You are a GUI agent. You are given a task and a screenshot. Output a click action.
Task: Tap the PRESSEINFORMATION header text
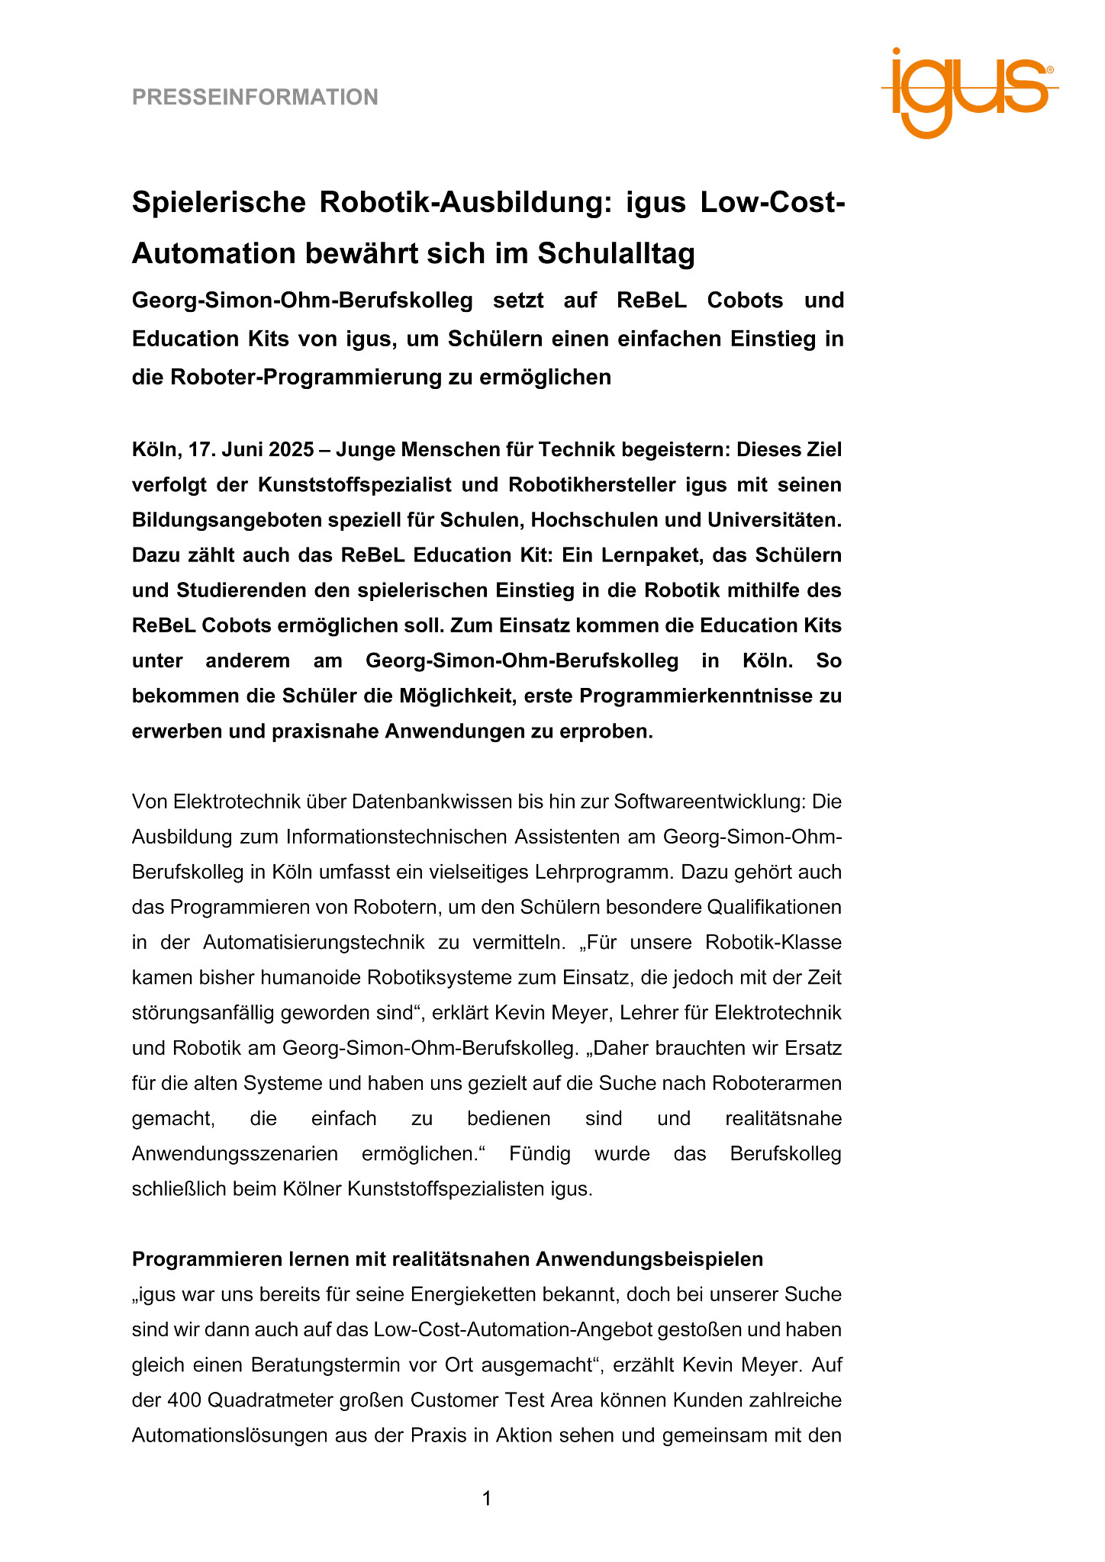click(255, 98)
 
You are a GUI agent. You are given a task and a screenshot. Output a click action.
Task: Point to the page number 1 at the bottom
click(487, 1499)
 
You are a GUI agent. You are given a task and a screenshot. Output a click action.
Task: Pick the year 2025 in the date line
click(291, 450)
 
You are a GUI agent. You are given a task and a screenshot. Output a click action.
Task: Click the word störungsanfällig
click(204, 1013)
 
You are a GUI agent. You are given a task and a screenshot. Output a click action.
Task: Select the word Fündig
click(540, 1154)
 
